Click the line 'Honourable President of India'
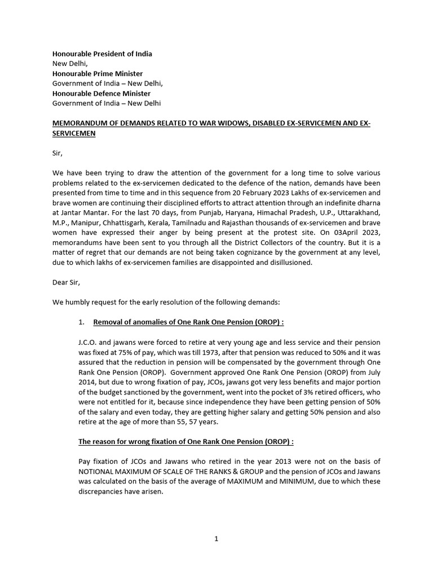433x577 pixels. (102, 54)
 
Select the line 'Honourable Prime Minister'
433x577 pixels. (98, 74)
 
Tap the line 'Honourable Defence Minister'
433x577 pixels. (101, 94)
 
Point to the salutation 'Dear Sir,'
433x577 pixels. (67, 283)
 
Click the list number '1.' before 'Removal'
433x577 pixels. (81, 322)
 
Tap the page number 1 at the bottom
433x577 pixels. (216, 539)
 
